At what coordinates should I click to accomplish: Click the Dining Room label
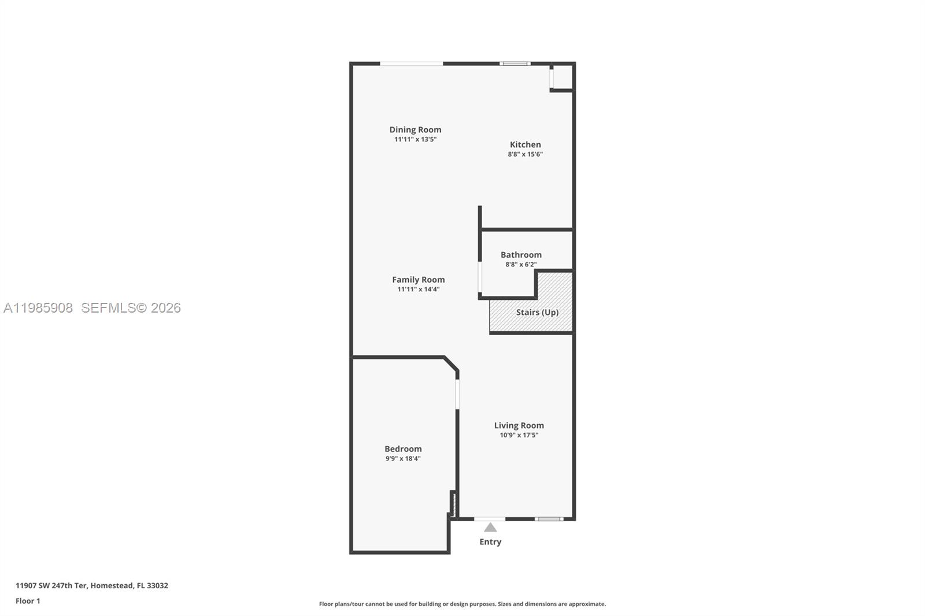tap(415, 129)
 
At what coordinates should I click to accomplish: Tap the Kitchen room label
tap(525, 144)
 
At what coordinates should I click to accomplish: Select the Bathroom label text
tap(521, 254)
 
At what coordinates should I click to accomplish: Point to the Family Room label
tap(418, 280)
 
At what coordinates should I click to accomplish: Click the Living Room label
tap(519, 425)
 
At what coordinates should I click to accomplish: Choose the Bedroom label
tap(403, 448)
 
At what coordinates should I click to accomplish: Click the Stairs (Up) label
tap(537, 312)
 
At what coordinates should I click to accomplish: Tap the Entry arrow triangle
tap(490, 528)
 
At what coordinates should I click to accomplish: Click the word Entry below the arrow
tap(490, 541)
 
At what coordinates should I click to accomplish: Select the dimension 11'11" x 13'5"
tap(415, 139)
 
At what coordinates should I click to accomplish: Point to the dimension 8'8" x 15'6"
tap(525, 154)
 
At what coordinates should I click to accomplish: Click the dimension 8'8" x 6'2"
tap(521, 264)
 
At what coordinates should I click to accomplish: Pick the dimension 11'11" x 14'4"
tap(418, 289)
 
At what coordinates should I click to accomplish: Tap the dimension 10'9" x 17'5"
tap(519, 435)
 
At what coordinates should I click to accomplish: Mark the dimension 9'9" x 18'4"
tap(403, 458)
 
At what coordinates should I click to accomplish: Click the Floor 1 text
tap(28, 601)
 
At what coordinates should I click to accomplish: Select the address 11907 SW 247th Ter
tap(51, 585)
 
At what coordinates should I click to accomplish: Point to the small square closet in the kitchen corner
tap(563, 77)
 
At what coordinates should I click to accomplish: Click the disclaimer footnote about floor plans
tap(462, 604)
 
